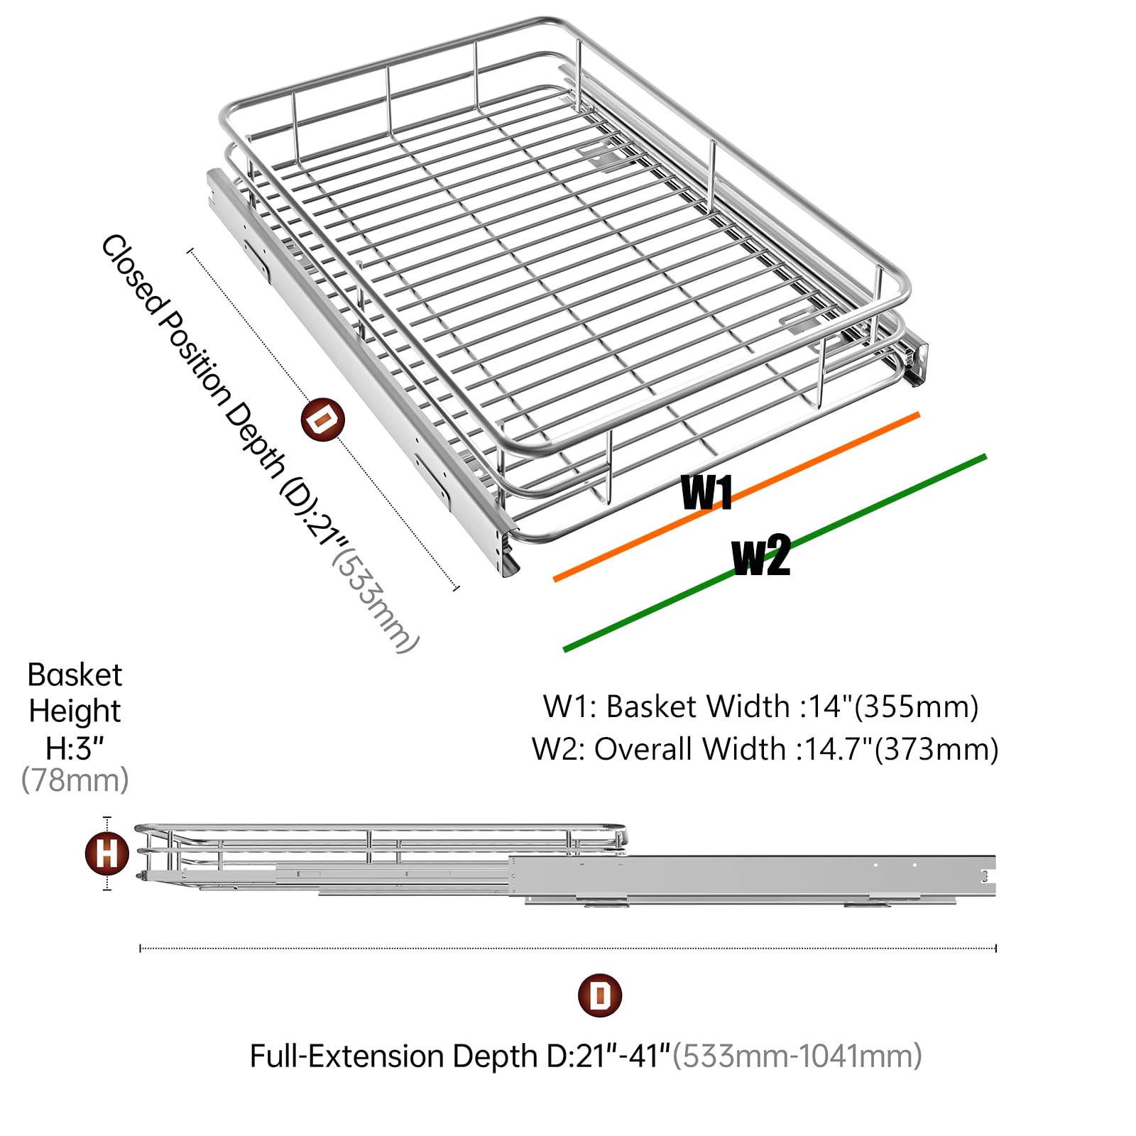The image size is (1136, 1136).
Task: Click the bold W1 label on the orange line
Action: pyautogui.click(x=706, y=492)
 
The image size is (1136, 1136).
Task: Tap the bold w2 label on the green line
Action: pyautogui.click(x=761, y=555)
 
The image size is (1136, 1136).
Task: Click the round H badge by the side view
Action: pyautogui.click(x=107, y=853)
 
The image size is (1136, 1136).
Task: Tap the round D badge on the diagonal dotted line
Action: pyautogui.click(x=323, y=420)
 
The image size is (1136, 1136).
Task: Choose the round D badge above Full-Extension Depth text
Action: pyautogui.click(x=600, y=995)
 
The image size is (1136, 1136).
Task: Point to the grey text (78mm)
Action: pyautogui.click(x=75, y=780)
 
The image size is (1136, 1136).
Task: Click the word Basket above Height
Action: pyautogui.click(x=75, y=675)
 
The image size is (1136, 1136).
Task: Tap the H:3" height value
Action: pyautogui.click(x=75, y=748)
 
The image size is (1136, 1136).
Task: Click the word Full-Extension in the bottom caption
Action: pyautogui.click(x=347, y=1056)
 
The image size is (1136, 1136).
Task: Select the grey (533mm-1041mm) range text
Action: pyautogui.click(x=797, y=1056)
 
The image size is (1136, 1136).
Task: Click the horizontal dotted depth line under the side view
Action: pyautogui.click(x=568, y=948)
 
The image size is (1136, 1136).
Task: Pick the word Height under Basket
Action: pyautogui.click(x=75, y=711)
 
